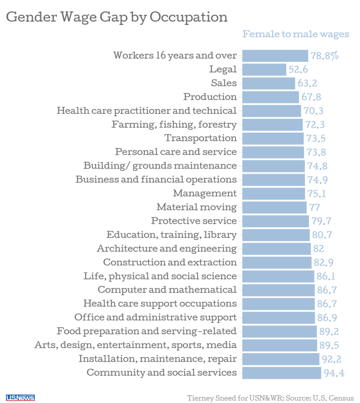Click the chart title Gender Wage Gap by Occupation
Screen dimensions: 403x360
click(x=117, y=17)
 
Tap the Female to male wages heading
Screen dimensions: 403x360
click(x=296, y=34)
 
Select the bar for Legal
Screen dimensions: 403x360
click(x=264, y=69)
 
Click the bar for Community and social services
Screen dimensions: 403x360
click(x=282, y=373)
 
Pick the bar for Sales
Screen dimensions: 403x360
click(x=269, y=83)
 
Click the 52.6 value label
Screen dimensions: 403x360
click(x=298, y=70)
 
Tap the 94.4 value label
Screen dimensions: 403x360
click(x=334, y=373)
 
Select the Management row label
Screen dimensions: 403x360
click(x=205, y=193)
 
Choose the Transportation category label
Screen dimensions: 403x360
click(x=200, y=138)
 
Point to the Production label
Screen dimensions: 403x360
click(x=210, y=96)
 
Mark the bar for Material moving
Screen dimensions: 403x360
click(x=274, y=207)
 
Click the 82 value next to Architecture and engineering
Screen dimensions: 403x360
click(x=319, y=249)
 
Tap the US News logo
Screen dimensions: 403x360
click(x=20, y=397)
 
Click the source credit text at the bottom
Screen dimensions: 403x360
click(x=270, y=397)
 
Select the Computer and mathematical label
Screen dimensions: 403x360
click(x=167, y=290)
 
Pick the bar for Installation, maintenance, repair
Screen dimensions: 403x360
click(x=280, y=359)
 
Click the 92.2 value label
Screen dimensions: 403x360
click(x=332, y=359)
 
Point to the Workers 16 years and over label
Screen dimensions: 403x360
click(x=174, y=55)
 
